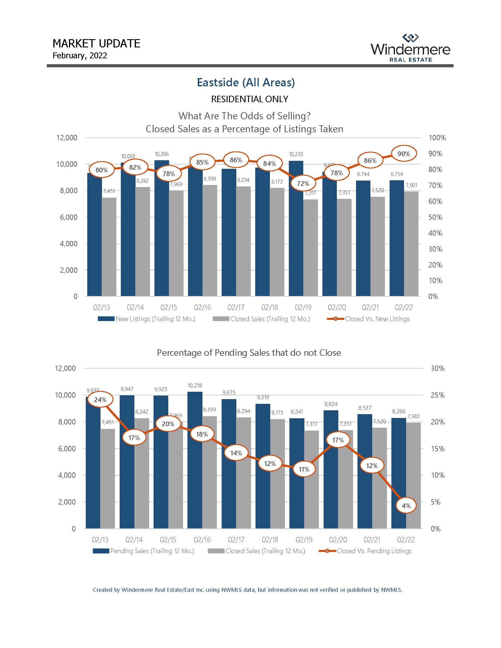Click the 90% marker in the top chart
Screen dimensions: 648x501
[403, 154]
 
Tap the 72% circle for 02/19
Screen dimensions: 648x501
[303, 184]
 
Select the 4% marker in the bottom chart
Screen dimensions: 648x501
[406, 505]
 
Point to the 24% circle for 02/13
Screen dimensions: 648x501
[100, 400]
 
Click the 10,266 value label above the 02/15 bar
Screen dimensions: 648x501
[162, 154]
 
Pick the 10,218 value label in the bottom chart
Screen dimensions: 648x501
[195, 386]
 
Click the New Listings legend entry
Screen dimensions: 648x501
[147, 319]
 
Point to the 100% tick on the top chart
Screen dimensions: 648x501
[437, 138]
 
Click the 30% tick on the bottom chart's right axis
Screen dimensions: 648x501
[437, 368]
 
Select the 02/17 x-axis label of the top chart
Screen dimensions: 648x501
[236, 308]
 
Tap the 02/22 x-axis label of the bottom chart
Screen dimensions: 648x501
[406, 540]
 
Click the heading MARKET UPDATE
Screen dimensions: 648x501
[96, 44]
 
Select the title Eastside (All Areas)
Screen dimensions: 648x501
[246, 82]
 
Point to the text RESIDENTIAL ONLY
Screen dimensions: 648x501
[250, 99]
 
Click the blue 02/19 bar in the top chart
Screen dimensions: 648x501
[296, 229]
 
